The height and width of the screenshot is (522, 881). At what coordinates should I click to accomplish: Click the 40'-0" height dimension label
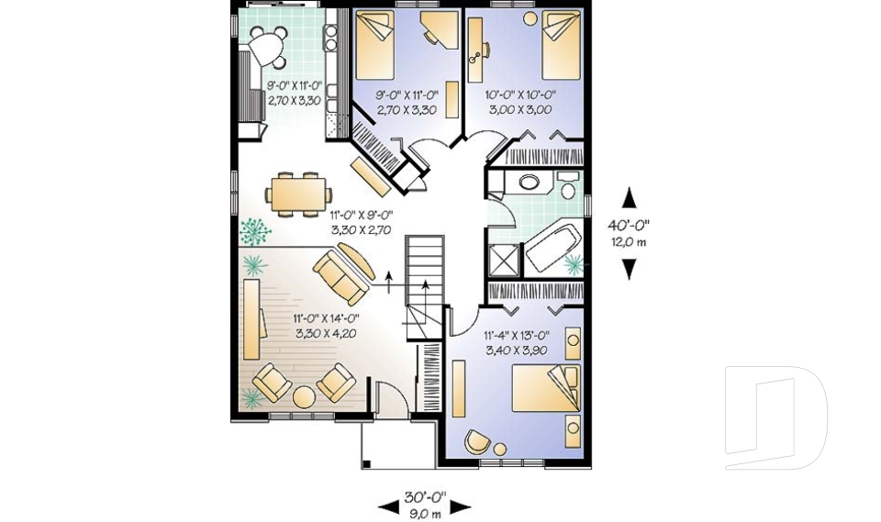pyautogui.click(x=628, y=226)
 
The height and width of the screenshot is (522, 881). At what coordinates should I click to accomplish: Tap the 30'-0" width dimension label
pyautogui.click(x=425, y=496)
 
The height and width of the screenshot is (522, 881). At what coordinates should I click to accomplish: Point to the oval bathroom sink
pyautogui.click(x=529, y=182)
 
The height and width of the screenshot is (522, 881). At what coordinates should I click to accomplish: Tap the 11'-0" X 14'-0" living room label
pyautogui.click(x=325, y=318)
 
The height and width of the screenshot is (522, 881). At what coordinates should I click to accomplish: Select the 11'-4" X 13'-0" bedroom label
pyautogui.click(x=517, y=336)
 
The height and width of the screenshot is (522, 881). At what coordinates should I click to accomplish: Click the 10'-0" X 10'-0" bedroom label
pyautogui.click(x=520, y=95)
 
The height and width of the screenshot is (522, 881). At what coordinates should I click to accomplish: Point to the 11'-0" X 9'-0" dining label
pyautogui.click(x=361, y=215)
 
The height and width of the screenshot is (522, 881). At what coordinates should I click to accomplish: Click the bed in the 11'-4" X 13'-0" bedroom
pyautogui.click(x=545, y=389)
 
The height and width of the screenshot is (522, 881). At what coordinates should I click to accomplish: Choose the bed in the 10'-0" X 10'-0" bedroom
pyautogui.click(x=562, y=45)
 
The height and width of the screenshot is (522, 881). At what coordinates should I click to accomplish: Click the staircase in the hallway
pyautogui.click(x=425, y=286)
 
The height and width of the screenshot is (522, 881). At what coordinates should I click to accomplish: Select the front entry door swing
pyautogui.click(x=391, y=398)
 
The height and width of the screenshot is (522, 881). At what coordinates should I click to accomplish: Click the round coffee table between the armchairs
pyautogui.click(x=305, y=397)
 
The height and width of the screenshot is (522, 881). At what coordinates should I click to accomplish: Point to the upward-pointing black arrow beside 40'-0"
pyautogui.click(x=630, y=198)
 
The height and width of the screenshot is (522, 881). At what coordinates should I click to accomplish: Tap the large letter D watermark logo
pyautogui.click(x=775, y=416)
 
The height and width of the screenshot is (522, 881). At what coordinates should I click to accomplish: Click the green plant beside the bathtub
pyautogui.click(x=574, y=264)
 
